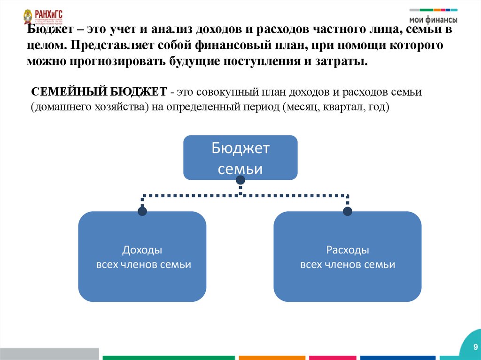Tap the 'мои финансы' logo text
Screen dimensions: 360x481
(x=433, y=20)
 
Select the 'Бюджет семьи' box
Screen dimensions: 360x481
(x=240, y=158)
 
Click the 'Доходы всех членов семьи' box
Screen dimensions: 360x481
(x=142, y=256)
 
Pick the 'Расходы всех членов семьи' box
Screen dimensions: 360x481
(x=348, y=256)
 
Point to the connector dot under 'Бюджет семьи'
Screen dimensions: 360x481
(x=240, y=180)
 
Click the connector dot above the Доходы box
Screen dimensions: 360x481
(x=142, y=211)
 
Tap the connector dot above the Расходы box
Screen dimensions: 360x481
(x=348, y=211)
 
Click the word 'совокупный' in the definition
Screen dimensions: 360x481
(x=214, y=91)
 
